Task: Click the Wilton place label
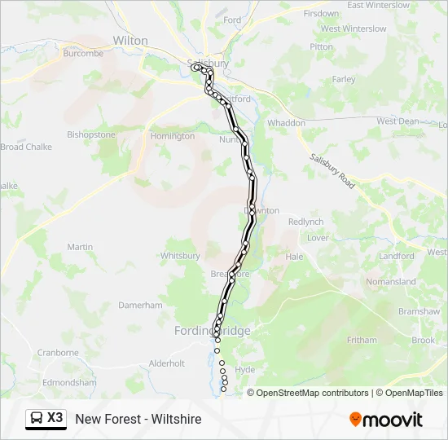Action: pos(130,40)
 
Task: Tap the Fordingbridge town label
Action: pos(213,331)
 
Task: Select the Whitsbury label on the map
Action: pos(180,256)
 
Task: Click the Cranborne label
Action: pos(57,353)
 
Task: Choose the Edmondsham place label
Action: pos(69,382)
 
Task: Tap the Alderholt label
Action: pos(167,363)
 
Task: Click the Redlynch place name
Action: pos(305,222)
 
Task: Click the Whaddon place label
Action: pos(286,123)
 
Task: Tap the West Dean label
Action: pos(397,121)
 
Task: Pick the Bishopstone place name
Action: pos(91,134)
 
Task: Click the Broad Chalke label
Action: pos(26,147)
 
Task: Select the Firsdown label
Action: pos(321,14)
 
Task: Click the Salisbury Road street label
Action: pos(332,171)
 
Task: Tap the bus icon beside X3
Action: pos(37,419)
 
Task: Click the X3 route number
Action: pos(55,418)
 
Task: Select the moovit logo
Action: pos(386,420)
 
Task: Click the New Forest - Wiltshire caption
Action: pos(138,419)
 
